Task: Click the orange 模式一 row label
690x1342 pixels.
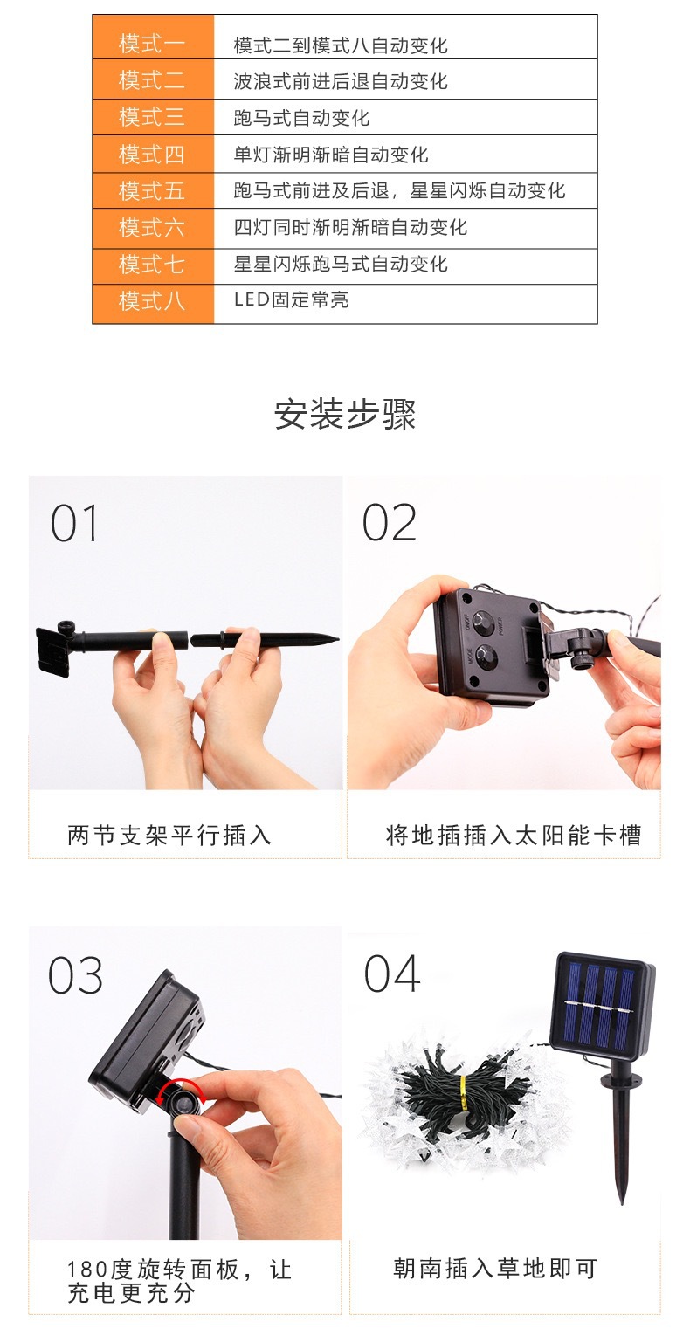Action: [152, 44]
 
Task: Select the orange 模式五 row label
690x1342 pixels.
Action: [152, 190]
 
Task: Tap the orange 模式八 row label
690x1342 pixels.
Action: [152, 300]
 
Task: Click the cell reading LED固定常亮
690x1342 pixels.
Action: [291, 300]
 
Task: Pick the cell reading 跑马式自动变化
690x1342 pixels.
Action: [301, 118]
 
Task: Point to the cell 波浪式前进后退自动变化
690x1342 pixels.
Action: [341, 81]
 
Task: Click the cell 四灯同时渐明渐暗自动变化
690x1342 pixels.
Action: [350, 228]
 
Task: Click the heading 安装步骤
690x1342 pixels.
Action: [345, 414]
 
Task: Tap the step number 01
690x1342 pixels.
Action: [74, 524]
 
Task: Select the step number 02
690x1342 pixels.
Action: [389, 524]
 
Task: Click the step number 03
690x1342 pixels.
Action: [75, 975]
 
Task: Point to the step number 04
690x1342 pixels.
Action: [392, 974]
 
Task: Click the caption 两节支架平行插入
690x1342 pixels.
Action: [169, 836]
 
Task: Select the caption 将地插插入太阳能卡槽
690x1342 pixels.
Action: [514, 836]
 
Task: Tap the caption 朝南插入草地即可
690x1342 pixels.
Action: [495, 1269]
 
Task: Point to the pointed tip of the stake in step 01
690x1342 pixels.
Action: [335, 639]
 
